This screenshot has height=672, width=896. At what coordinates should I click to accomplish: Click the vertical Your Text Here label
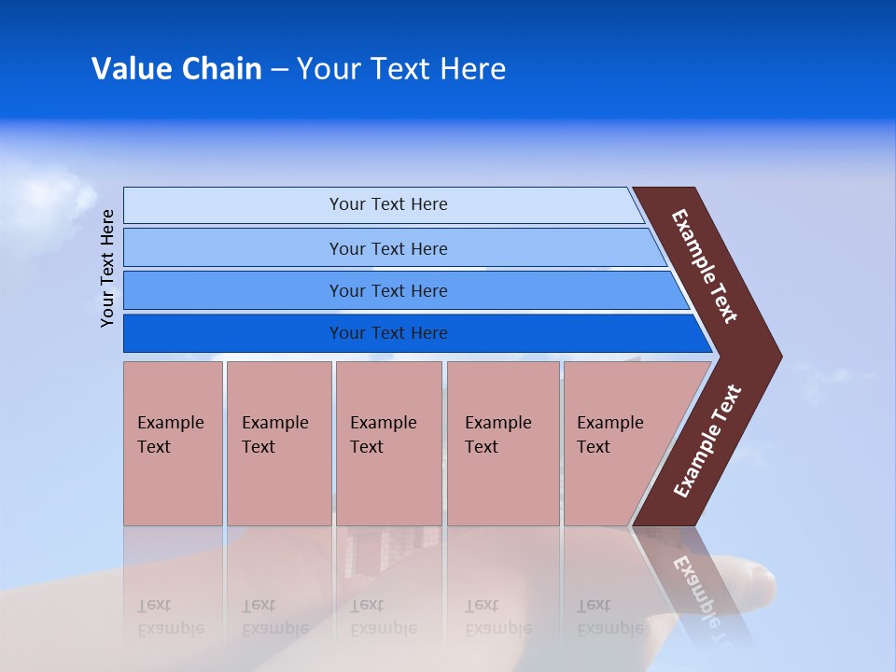107,268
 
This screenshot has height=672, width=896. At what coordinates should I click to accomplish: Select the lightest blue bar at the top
387,204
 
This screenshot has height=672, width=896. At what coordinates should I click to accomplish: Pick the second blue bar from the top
387,248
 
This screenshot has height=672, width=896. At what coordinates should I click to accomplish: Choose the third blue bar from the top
387,290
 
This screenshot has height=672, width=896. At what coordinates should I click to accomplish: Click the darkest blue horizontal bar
387,333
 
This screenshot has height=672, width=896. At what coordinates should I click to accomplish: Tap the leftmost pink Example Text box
173,443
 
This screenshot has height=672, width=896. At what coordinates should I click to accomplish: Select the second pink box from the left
278,443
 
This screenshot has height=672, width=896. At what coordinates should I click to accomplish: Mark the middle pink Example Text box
388,443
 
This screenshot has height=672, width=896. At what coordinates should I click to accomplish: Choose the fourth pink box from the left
502,443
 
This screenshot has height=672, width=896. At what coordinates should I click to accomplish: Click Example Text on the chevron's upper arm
705,266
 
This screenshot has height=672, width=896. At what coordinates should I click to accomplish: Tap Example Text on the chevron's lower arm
707,441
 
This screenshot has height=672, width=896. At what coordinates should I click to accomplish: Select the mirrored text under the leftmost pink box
170,617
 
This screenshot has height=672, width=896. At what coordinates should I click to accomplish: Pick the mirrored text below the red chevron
694,589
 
